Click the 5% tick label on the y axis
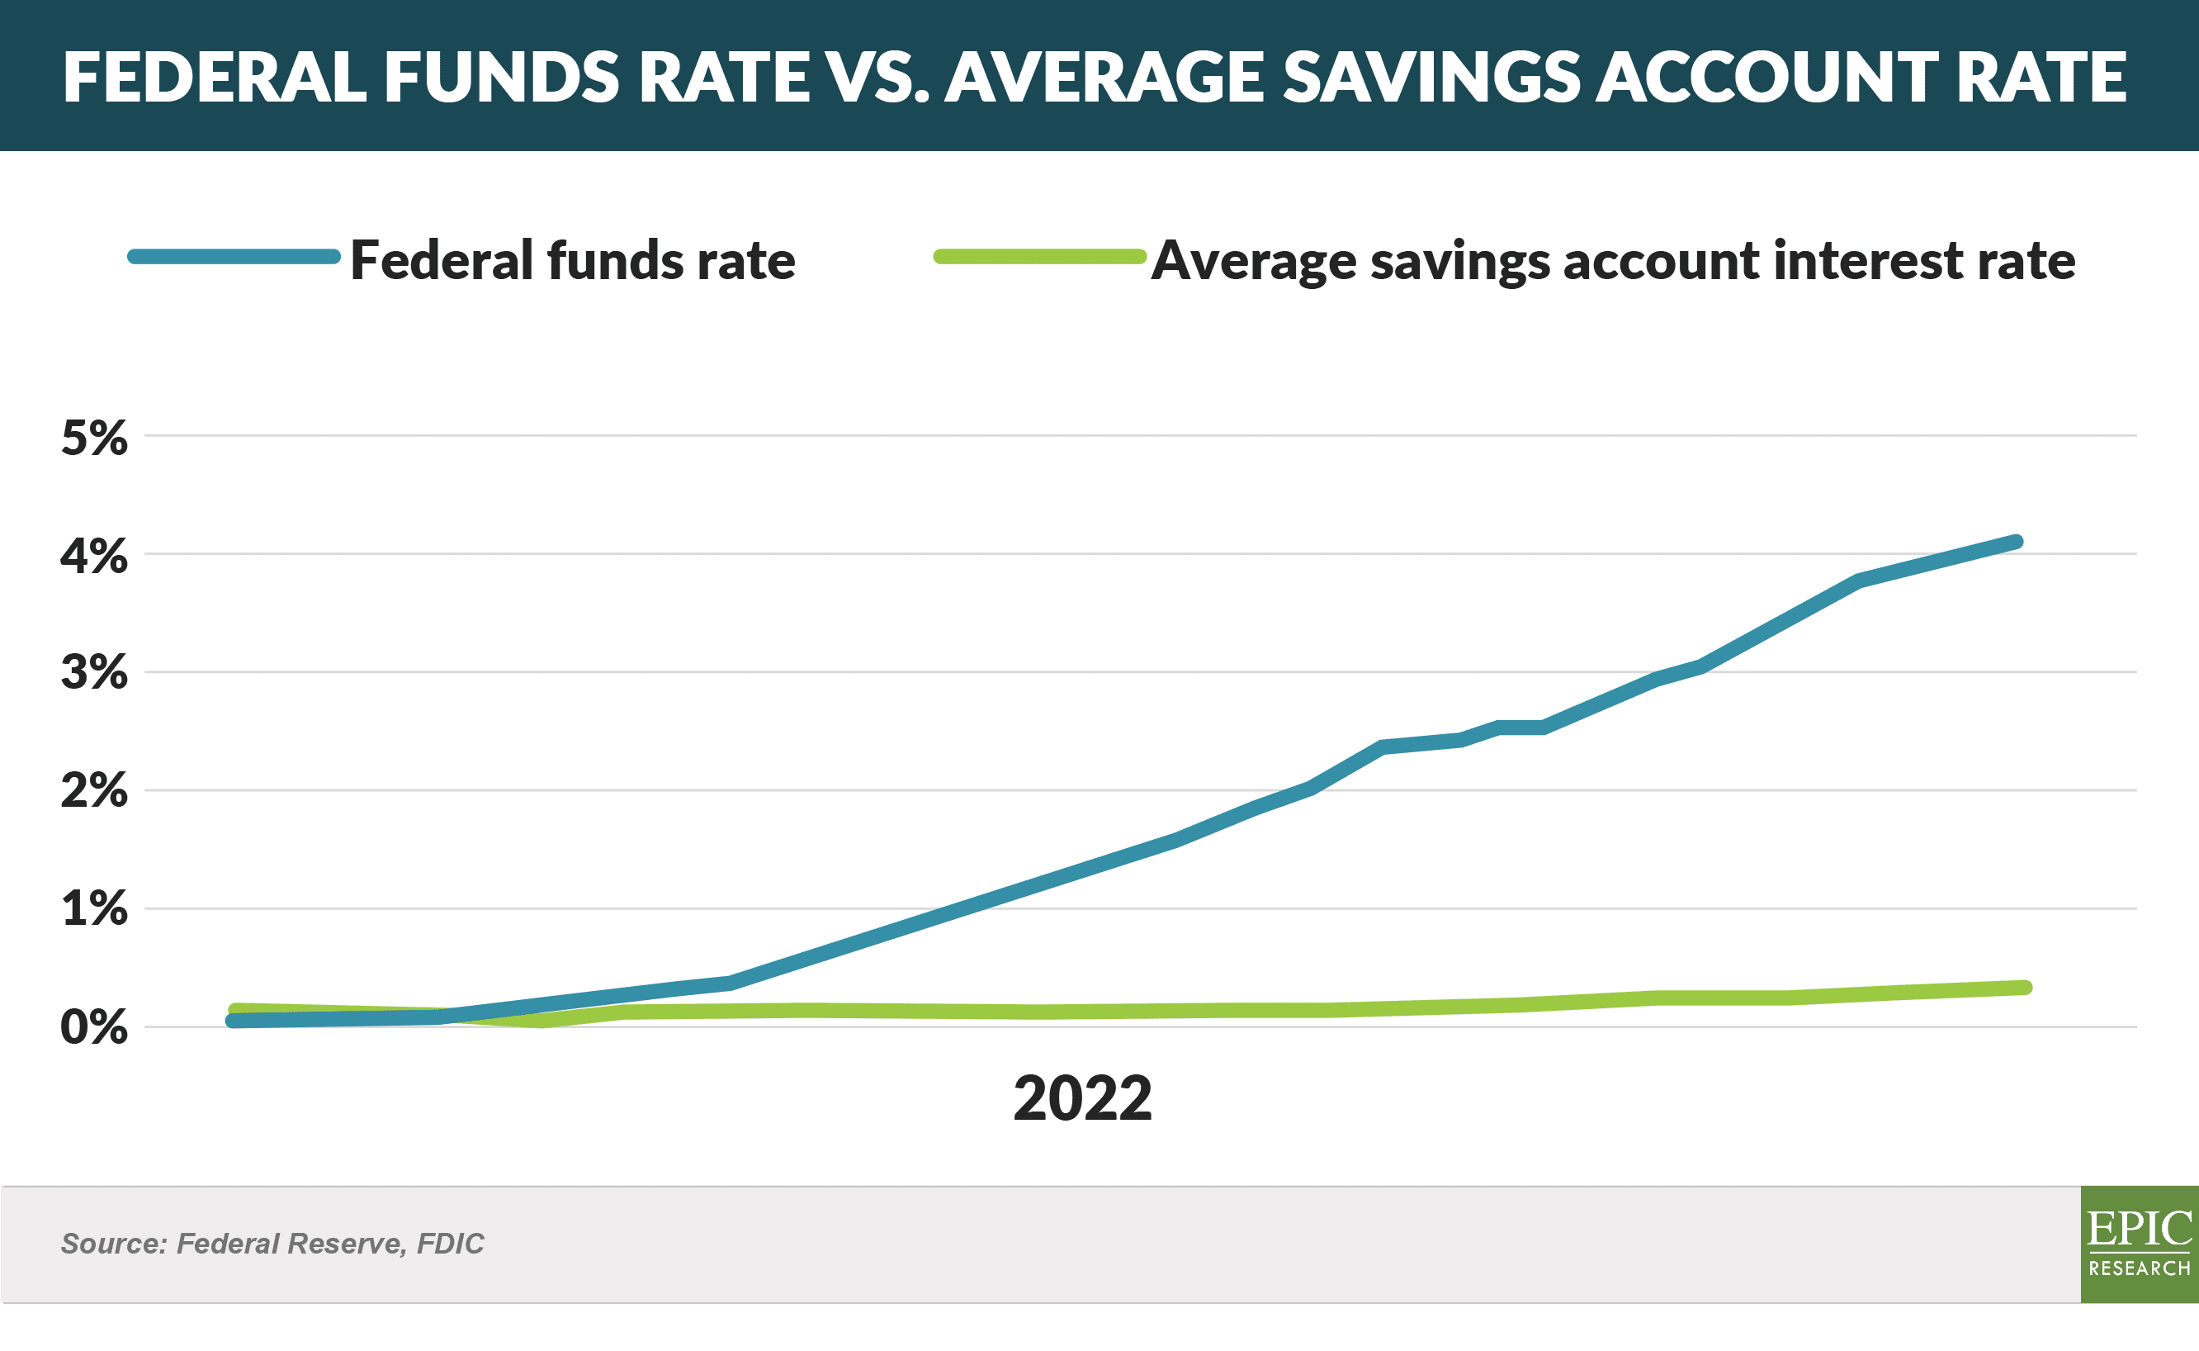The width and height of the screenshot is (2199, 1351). pyautogui.click(x=94, y=438)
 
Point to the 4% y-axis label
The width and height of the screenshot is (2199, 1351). pyautogui.click(x=94, y=556)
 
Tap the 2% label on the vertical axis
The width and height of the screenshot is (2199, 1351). pyautogui.click(x=94, y=791)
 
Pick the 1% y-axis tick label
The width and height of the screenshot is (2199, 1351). pyautogui.click(x=94, y=908)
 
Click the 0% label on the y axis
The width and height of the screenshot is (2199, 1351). pyautogui.click(x=94, y=1027)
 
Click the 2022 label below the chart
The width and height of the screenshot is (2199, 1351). pyautogui.click(x=1082, y=1098)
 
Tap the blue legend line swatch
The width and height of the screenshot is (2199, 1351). pyautogui.click(x=234, y=258)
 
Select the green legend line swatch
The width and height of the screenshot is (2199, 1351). pyautogui.click(x=1040, y=258)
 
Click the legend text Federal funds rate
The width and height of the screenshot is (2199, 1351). pyautogui.click(x=573, y=261)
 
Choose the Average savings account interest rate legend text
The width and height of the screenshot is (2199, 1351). pyautogui.click(x=1613, y=262)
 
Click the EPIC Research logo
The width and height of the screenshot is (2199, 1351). pyautogui.click(x=2140, y=1244)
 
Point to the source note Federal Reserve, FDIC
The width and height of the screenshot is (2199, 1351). pyautogui.click(x=272, y=1244)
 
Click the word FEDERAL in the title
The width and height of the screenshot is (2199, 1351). pyautogui.click(x=215, y=77)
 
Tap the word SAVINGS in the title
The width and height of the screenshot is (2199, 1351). pyautogui.click(x=1432, y=77)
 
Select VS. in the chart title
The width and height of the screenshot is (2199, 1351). pyautogui.click(x=878, y=77)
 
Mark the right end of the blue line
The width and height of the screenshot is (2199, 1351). pyautogui.click(x=2016, y=543)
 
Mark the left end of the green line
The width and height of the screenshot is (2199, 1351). pyautogui.click(x=236, y=1011)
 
